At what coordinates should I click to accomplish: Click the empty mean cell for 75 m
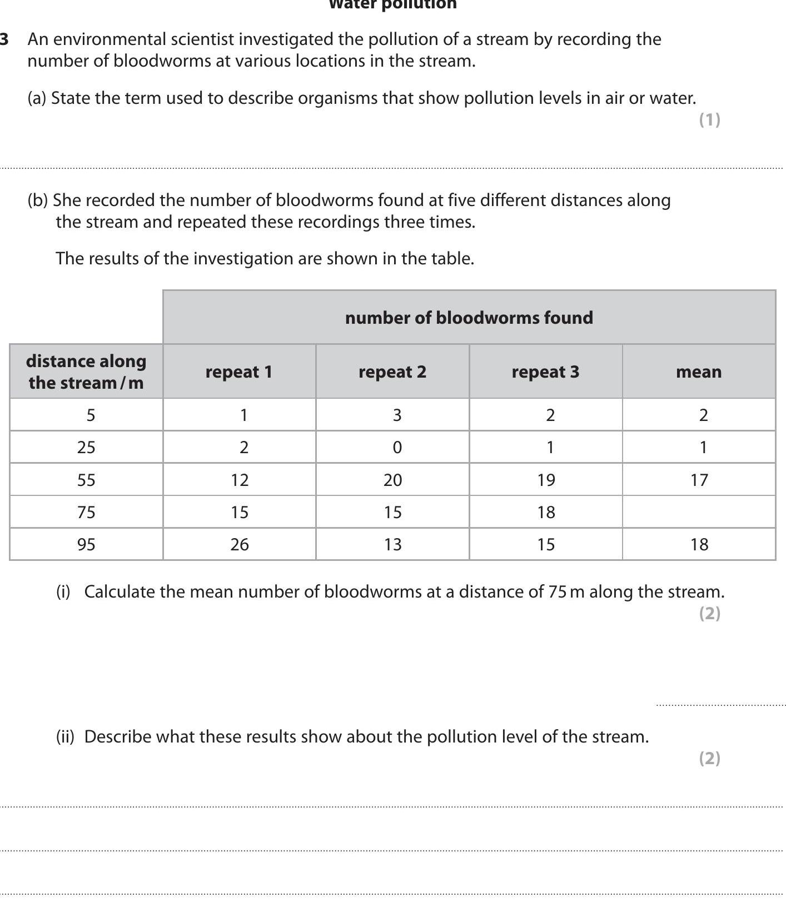pos(699,511)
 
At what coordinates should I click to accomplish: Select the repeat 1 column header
pos(239,372)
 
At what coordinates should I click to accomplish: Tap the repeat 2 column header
pos(392,372)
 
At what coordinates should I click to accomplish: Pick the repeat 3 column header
pos(545,372)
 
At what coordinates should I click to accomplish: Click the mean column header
pos(699,372)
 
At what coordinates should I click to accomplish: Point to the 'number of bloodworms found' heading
pos(469,318)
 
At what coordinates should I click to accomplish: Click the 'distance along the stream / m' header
pos(86,372)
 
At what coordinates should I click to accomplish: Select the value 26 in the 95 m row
pos(240,544)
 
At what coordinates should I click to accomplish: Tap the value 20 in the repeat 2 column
pos(392,480)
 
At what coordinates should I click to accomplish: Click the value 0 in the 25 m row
pos(397,448)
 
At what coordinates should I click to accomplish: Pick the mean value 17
pos(699,480)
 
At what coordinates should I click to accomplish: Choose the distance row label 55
pos(86,480)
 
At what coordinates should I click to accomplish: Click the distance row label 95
pos(86,544)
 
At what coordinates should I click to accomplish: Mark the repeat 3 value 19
pos(546,480)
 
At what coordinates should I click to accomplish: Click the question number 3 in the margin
pos(4,39)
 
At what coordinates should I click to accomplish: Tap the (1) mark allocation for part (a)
pos(709,119)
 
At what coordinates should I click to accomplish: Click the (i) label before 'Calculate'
pos(63,591)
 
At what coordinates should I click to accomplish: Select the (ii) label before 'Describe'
pos(65,736)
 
